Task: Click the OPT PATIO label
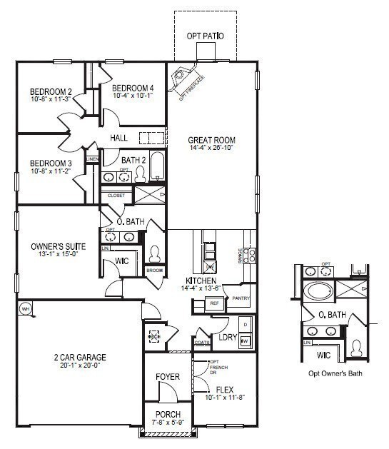point(206,35)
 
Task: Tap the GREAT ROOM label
point(211,140)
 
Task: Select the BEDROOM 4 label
point(133,88)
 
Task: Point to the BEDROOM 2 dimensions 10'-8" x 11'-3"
point(51,99)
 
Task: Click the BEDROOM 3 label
point(51,163)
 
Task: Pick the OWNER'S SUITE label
point(59,246)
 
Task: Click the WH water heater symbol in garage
point(25,309)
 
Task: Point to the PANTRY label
point(241,299)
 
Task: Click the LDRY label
point(227,337)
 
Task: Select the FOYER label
point(168,376)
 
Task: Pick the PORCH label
point(168,414)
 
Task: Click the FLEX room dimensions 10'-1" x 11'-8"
point(225,398)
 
